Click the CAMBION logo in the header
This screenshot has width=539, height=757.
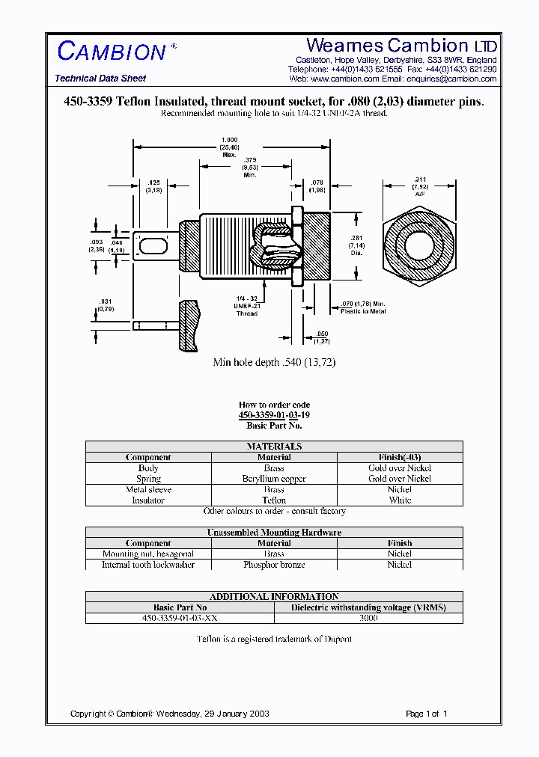(112, 51)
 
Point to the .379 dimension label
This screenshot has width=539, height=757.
(250, 167)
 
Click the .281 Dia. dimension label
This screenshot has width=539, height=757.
(357, 245)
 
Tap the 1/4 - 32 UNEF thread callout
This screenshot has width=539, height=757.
(247, 306)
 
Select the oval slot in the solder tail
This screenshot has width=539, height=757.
(152, 245)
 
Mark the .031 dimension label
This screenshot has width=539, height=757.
(105, 304)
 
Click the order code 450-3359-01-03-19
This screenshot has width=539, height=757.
(274, 415)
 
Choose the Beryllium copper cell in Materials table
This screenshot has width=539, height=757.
(274, 479)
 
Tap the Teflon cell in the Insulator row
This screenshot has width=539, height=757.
(274, 500)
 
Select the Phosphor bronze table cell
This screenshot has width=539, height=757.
(274, 565)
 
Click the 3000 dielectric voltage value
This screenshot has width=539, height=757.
(368, 619)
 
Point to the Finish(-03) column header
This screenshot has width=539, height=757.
(400, 457)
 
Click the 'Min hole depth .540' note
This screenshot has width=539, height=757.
(274, 363)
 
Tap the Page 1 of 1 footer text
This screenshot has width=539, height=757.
(426, 714)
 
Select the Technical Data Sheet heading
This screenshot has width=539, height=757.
(100, 79)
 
